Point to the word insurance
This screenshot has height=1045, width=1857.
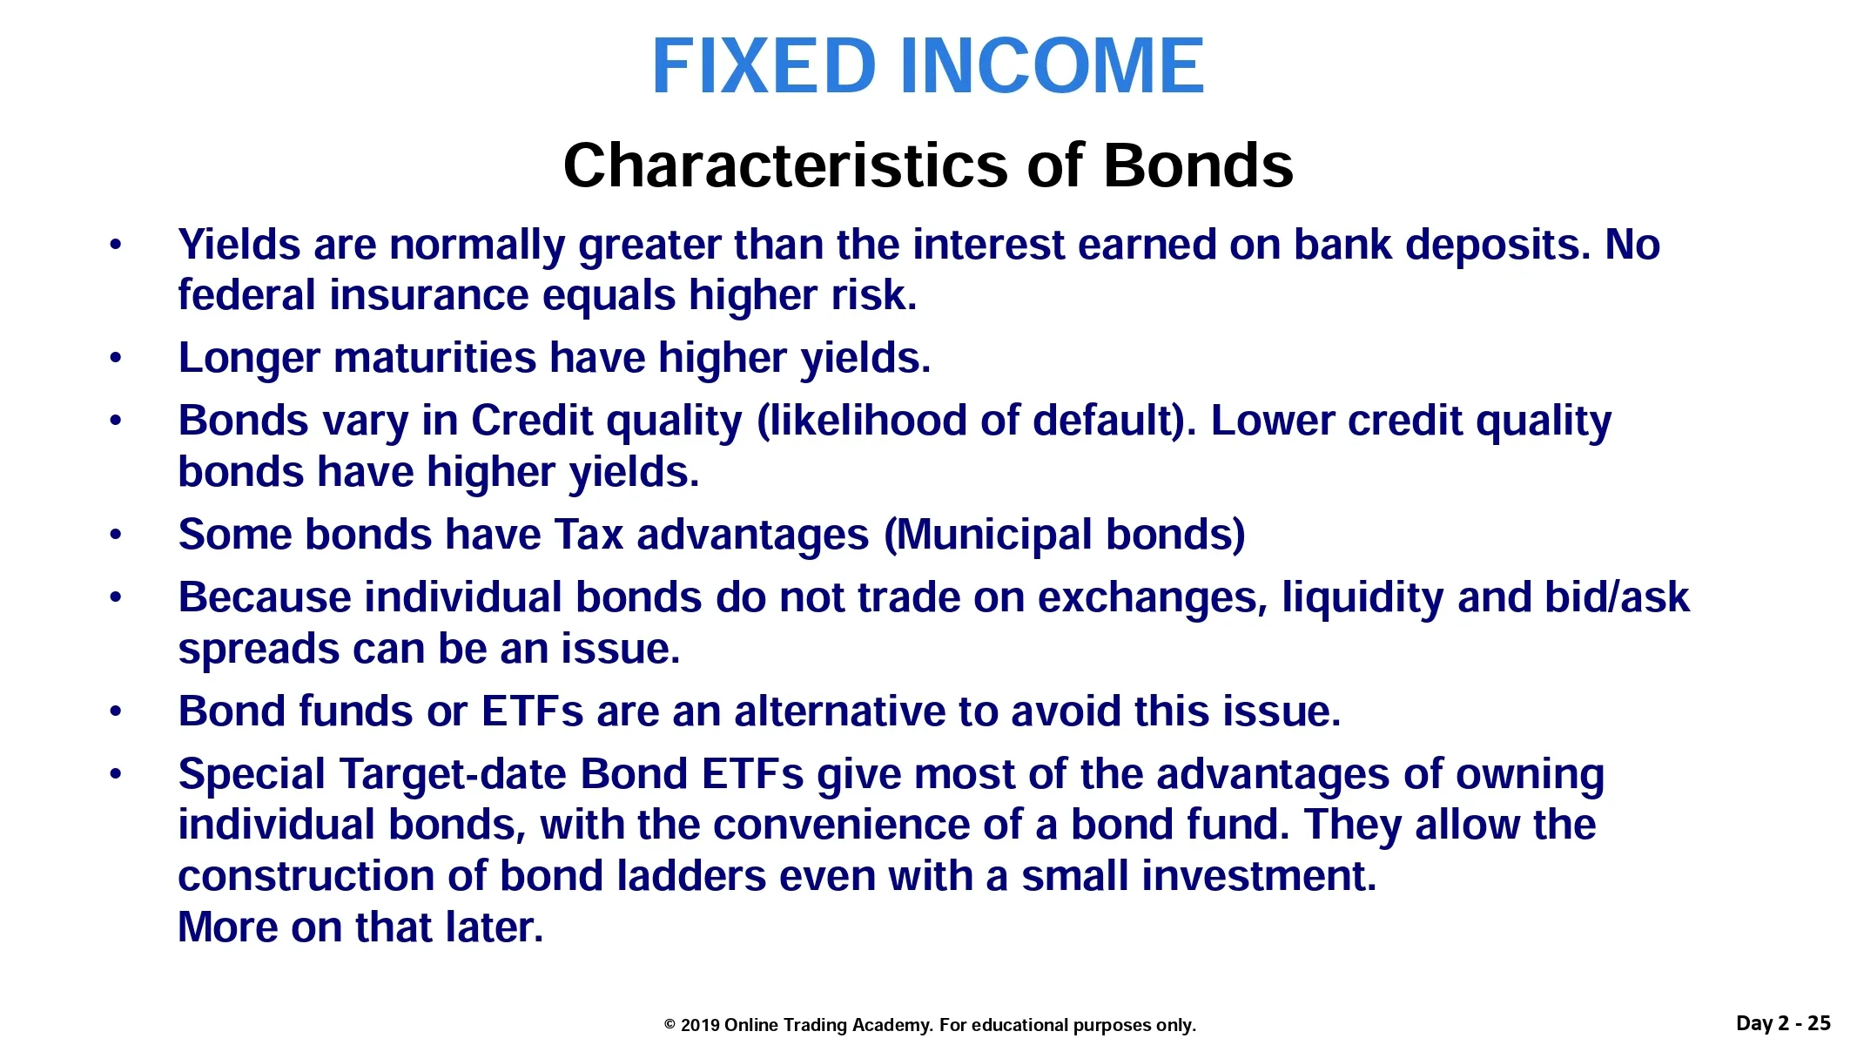[x=428, y=294]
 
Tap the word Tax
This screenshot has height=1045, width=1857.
[x=589, y=535]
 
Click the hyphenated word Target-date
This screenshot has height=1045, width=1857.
[x=454, y=774]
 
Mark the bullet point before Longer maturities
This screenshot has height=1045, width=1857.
[x=116, y=358]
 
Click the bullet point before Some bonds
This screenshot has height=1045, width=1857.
[x=116, y=535]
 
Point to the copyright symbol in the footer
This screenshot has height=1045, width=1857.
[x=669, y=1025]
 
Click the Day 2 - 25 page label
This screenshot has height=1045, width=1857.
[x=1783, y=1023]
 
